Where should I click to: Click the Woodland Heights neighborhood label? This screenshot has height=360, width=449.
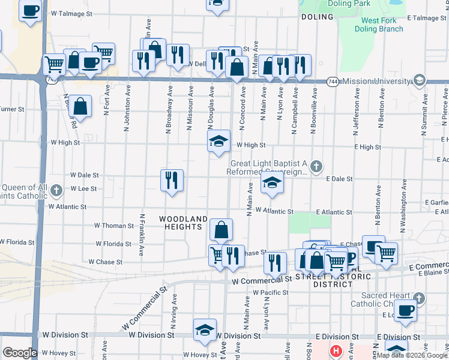pos(184,223)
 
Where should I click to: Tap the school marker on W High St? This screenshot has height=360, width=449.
pos(219,142)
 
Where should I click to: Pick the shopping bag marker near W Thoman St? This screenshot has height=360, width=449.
pos(221,229)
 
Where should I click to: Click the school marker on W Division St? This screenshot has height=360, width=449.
pos(205,330)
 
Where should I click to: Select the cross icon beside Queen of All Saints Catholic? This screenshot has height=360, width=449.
pos(56,191)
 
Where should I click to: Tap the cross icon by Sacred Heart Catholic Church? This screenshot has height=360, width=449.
pos(420,298)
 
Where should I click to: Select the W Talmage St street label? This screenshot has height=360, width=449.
pos(72,13)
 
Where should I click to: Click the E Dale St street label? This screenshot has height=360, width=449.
pos(339,179)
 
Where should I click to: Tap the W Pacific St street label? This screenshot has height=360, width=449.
pos(271,293)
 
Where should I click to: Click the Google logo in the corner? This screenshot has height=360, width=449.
pos(19,353)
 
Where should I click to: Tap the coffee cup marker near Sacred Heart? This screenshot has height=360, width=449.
pos(406,311)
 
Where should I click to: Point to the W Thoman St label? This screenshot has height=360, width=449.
pos(114,226)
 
